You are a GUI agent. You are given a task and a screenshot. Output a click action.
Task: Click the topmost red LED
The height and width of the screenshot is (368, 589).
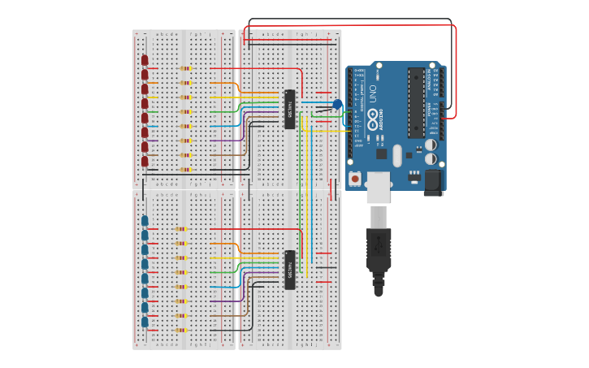pos(145,60)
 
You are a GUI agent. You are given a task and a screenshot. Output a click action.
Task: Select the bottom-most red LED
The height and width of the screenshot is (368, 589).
pos(145,162)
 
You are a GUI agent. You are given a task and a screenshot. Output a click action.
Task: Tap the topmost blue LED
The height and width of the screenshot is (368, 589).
pos(145,220)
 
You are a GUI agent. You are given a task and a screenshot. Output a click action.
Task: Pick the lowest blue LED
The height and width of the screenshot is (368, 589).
pos(145,322)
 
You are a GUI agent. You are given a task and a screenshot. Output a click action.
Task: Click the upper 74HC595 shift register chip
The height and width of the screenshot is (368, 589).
pos(289,109)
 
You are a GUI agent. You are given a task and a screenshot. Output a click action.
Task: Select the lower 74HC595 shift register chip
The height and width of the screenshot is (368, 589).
pos(289,270)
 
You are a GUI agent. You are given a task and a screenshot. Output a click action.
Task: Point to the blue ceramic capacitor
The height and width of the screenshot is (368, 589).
pos(337,105)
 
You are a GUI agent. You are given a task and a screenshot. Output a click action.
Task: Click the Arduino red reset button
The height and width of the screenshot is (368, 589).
pos(355,178)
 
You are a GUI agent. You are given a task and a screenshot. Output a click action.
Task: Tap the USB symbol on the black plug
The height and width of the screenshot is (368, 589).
pos(379,248)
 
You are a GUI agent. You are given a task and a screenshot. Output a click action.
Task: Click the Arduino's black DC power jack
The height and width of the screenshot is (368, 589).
pos(433,182)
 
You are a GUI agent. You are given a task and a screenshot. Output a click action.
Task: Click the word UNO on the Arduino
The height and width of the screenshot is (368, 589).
pos(373,93)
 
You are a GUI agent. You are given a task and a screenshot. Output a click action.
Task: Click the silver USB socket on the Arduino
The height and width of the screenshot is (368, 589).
pos(379,187)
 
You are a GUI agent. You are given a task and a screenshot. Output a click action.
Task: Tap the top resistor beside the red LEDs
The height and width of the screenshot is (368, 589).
pos(185,69)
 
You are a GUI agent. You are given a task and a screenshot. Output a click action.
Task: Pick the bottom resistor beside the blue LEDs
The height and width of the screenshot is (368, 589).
pos(180,330)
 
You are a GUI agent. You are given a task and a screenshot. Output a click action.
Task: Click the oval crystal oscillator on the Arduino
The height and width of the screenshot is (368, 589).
pos(397,155)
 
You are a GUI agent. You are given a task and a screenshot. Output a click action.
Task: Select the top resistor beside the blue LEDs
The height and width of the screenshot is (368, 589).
pos(180,229)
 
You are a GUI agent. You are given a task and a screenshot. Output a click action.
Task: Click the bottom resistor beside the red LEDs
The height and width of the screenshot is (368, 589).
pos(185,170)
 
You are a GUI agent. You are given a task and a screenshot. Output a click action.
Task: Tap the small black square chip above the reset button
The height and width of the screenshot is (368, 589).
pos(381,154)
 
